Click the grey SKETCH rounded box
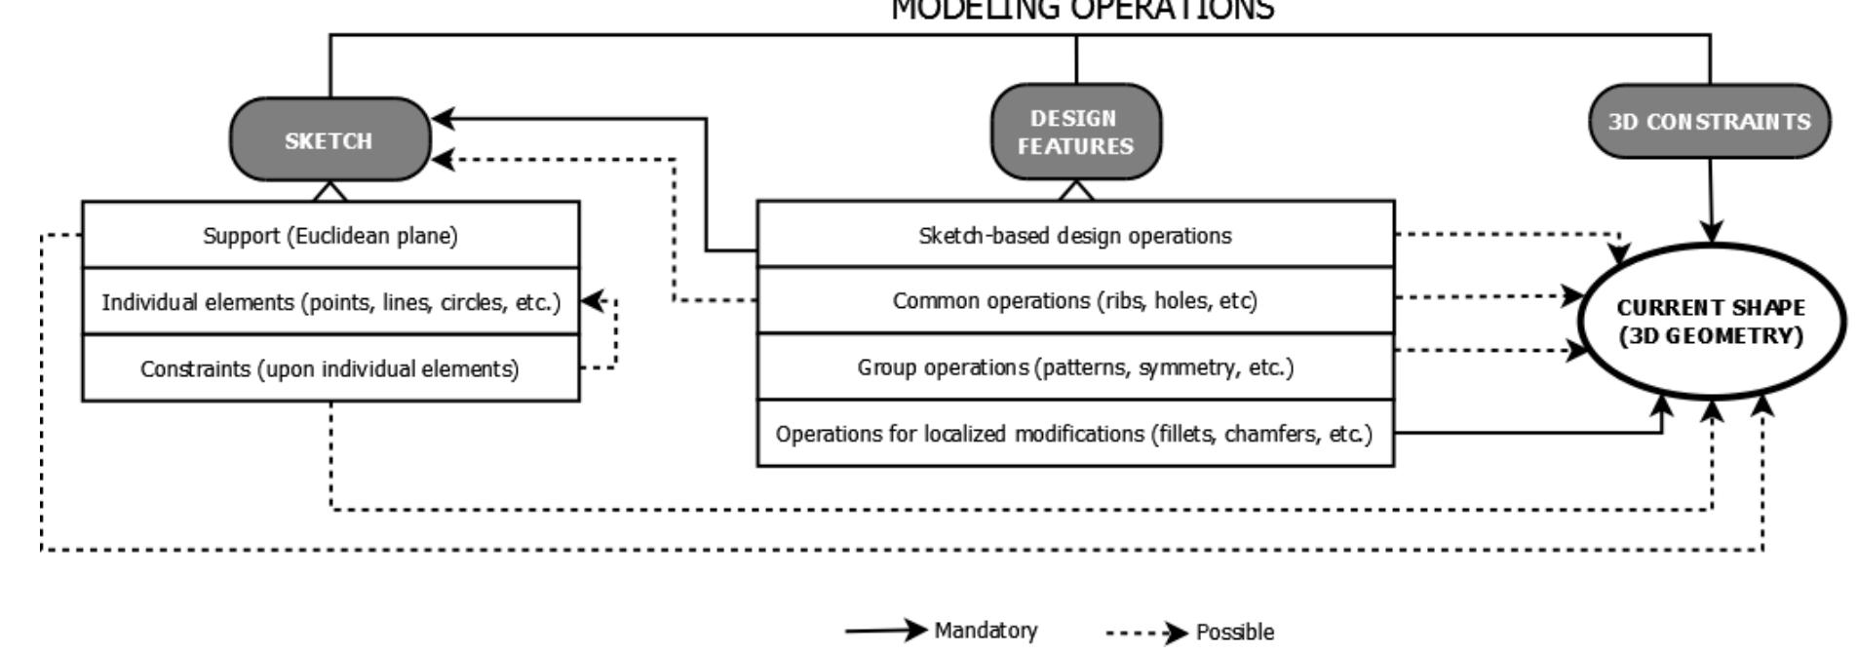pyautogui.click(x=329, y=139)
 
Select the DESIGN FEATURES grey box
pyautogui.click(x=1075, y=132)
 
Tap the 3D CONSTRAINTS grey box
pyautogui.click(x=1709, y=122)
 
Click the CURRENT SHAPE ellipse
pyautogui.click(x=1711, y=321)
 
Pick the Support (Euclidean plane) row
pyautogui.click(x=330, y=236)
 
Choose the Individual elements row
pyautogui.click(x=330, y=302)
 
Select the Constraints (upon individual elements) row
pyautogui.click(x=330, y=368)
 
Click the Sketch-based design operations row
pyautogui.click(x=1075, y=236)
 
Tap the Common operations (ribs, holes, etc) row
pyautogui.click(x=1075, y=301)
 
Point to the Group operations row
pyautogui.click(x=1075, y=367)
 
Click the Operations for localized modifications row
pyautogui.click(x=1075, y=434)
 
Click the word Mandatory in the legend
pyautogui.click(x=986, y=631)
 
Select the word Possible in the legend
pyautogui.click(x=1234, y=633)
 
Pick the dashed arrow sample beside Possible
pyautogui.click(x=1146, y=634)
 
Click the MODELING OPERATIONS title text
pyautogui.click(x=1082, y=10)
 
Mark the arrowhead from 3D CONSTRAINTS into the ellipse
pyautogui.click(x=1711, y=232)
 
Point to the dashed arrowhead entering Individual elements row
pyautogui.click(x=591, y=301)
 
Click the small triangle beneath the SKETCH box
pyautogui.click(x=329, y=191)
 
